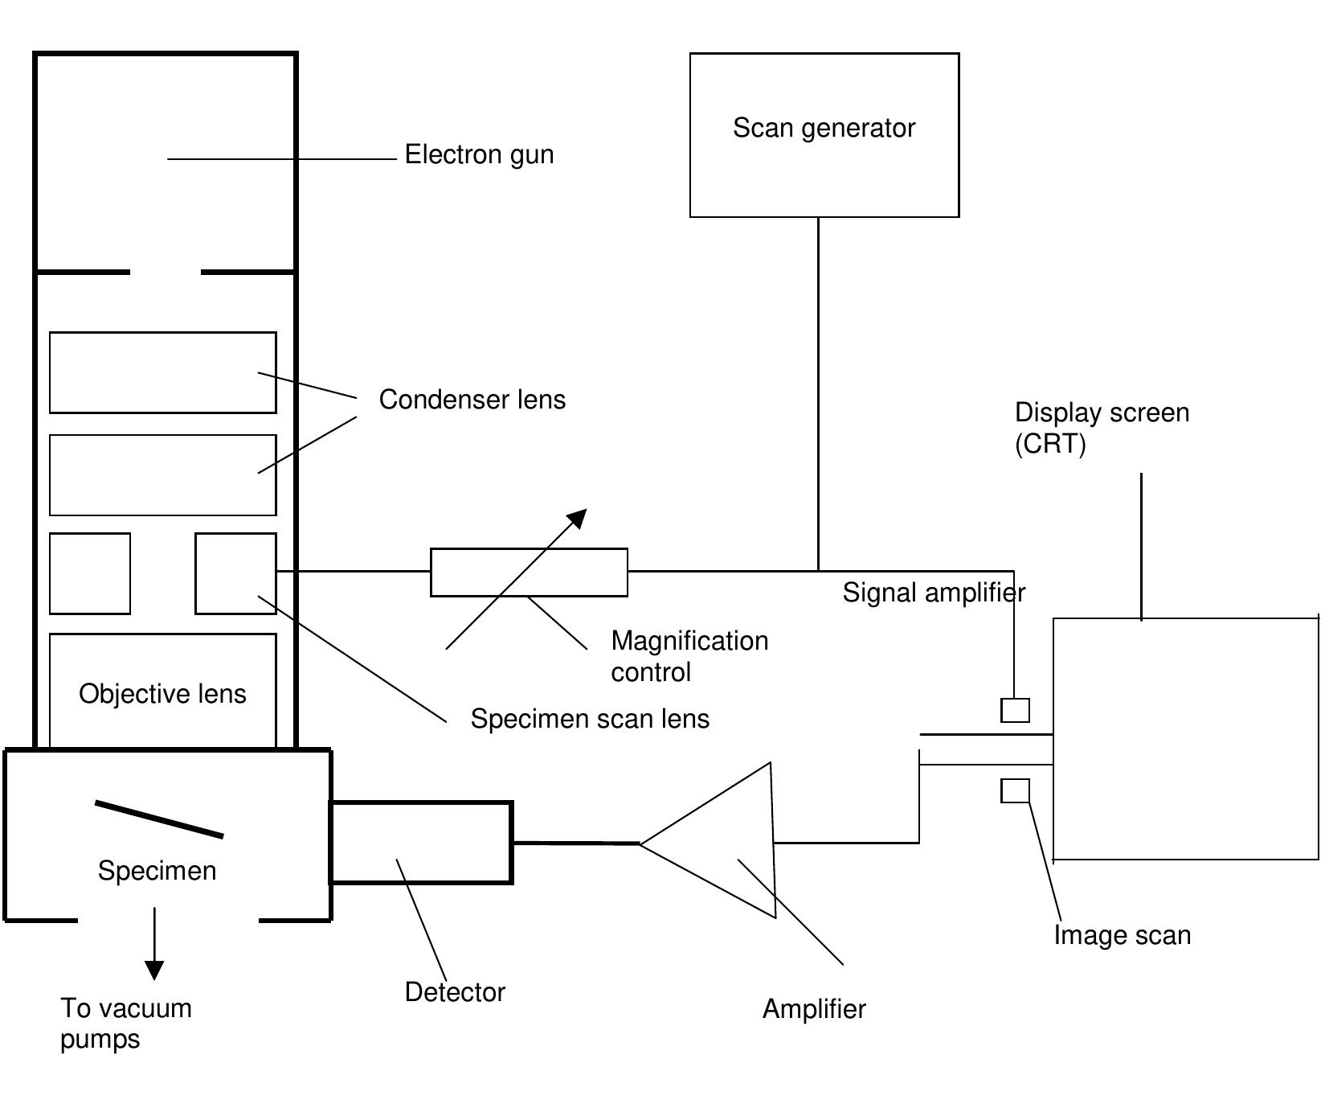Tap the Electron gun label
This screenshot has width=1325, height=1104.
click(479, 154)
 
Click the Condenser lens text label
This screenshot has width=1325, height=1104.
click(472, 400)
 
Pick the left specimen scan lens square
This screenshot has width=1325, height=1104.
click(90, 573)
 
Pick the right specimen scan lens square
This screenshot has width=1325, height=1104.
click(235, 573)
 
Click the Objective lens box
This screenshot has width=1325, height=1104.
click(162, 692)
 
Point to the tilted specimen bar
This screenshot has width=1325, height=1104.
click(159, 819)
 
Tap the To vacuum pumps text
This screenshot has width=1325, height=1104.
click(125, 1023)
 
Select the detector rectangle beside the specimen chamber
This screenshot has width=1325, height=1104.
click(421, 843)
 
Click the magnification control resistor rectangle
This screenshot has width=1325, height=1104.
click(529, 573)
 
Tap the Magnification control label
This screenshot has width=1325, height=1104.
click(689, 656)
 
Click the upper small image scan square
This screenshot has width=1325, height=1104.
click(1015, 711)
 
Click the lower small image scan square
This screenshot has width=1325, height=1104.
click(1015, 791)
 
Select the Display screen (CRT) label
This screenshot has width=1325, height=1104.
click(1101, 427)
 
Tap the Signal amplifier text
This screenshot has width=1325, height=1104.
click(934, 593)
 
